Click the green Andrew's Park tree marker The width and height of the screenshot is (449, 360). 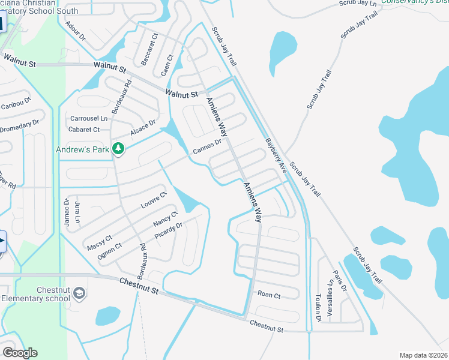pos(119,148)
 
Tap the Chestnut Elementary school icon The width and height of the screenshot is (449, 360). pos(80,292)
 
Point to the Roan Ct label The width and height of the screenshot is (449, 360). pos(269,295)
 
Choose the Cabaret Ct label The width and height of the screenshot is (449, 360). pos(85,129)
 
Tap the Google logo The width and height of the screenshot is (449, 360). pos(20,353)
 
